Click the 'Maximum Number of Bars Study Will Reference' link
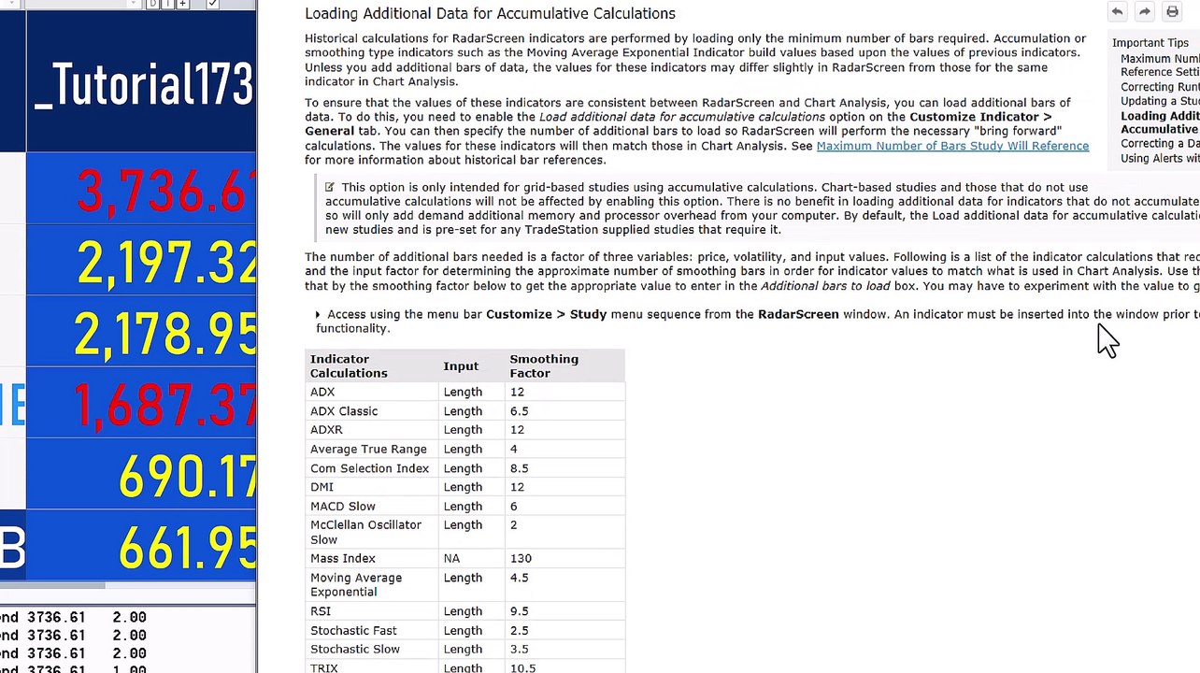click(951, 146)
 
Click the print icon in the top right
click(1172, 11)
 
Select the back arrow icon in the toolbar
click(1117, 11)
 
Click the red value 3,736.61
click(164, 193)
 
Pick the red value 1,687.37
click(164, 405)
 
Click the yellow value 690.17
click(187, 477)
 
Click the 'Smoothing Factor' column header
click(543, 365)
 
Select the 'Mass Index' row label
click(342, 558)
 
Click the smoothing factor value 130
click(521, 558)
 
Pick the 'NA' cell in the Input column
click(451, 558)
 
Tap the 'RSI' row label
click(321, 611)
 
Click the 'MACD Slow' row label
click(342, 506)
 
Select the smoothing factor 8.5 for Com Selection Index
click(519, 468)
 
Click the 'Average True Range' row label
click(368, 449)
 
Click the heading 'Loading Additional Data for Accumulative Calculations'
click(490, 14)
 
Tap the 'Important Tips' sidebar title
click(1150, 43)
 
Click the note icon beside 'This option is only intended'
click(329, 187)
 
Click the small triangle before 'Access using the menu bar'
click(318, 315)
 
